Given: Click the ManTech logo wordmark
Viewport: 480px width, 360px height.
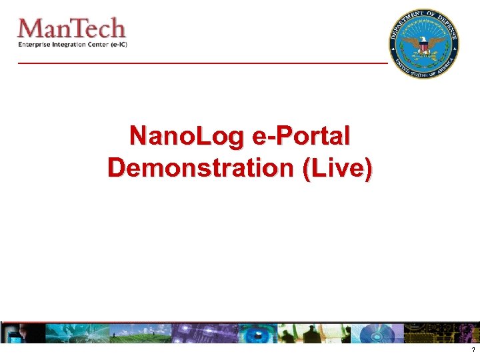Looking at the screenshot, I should [x=71, y=29].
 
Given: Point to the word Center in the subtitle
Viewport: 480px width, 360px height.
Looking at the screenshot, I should [x=97, y=45].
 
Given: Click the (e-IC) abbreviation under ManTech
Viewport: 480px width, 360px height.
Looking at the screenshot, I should [x=118, y=45].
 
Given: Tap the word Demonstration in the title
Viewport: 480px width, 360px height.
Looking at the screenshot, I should [x=201, y=167].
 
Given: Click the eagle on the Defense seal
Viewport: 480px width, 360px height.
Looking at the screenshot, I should [x=423, y=43].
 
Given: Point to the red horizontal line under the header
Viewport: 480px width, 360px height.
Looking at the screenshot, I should [x=200, y=62].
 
